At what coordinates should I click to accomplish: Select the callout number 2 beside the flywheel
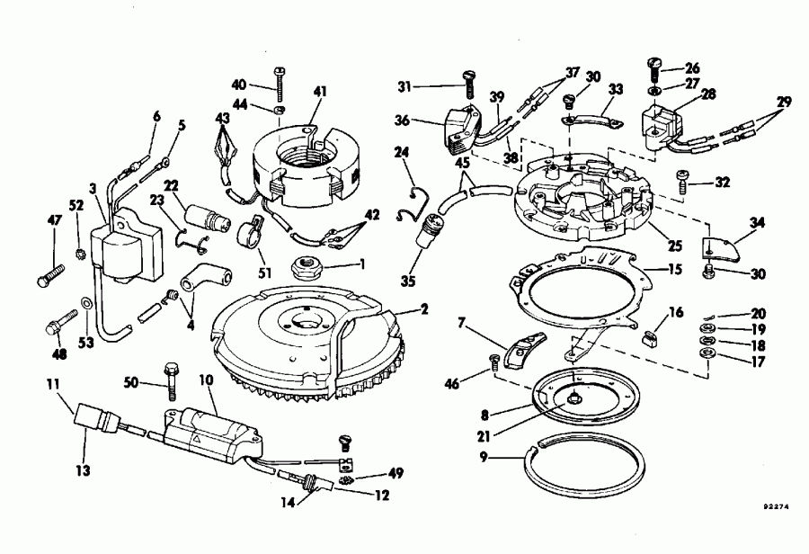click(x=424, y=308)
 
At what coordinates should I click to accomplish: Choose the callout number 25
click(x=675, y=245)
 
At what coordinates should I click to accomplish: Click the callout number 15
click(x=677, y=268)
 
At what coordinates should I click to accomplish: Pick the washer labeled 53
click(x=85, y=303)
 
